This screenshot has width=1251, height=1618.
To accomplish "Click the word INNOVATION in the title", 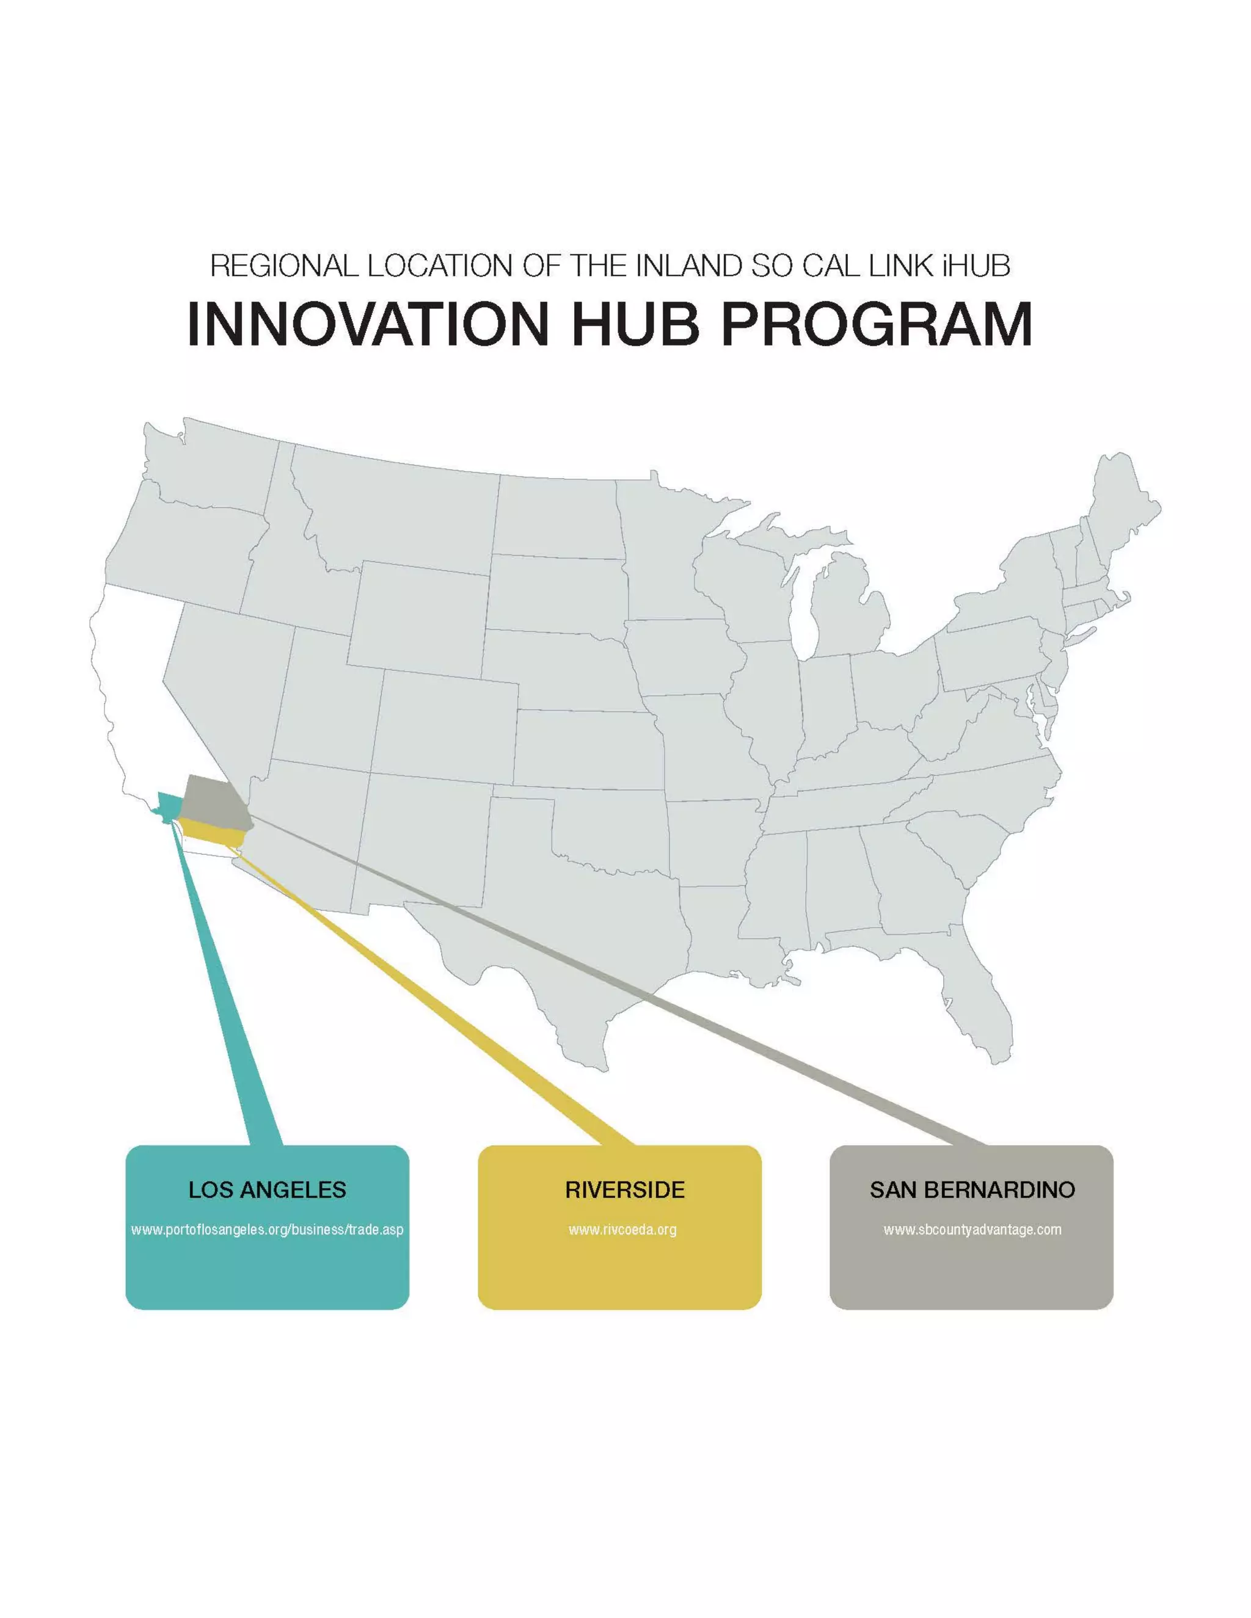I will click(x=368, y=324).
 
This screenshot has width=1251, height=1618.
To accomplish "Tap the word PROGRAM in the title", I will click(x=877, y=324).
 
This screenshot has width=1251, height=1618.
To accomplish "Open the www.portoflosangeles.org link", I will click(x=267, y=1230).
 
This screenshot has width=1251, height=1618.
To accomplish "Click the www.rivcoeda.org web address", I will click(x=622, y=1230).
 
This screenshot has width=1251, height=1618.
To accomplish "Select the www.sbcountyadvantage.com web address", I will click(x=972, y=1230).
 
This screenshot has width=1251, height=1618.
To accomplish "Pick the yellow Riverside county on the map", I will click(x=215, y=833).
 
